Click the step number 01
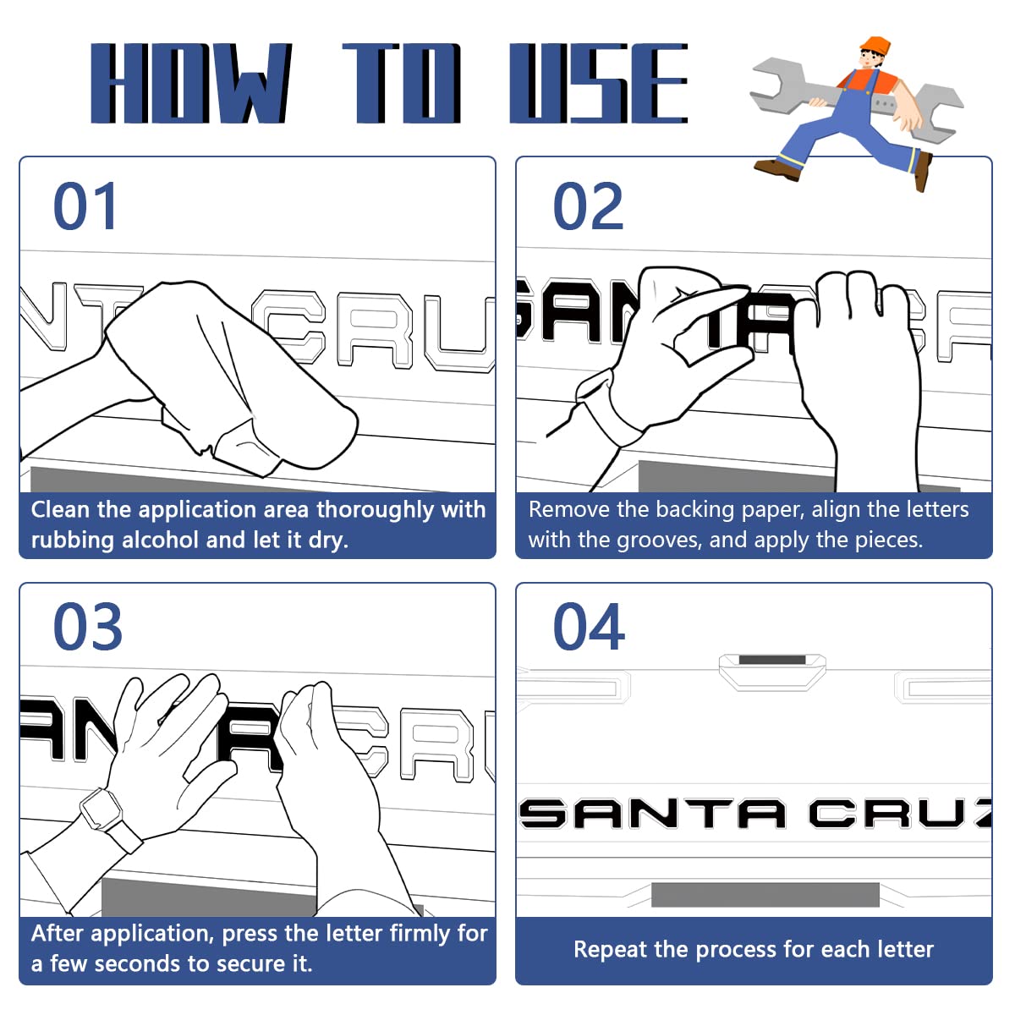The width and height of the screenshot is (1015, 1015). point(85,206)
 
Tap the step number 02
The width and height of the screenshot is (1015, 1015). point(587,206)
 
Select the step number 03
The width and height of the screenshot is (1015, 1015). point(87,626)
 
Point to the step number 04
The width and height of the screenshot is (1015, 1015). point(589,626)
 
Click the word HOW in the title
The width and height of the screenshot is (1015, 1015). point(190,83)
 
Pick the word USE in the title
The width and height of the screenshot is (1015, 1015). point(598,83)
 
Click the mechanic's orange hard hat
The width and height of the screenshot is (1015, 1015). point(875,46)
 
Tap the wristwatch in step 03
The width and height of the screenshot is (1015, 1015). point(101,809)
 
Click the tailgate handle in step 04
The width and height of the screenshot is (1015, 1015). point(772,672)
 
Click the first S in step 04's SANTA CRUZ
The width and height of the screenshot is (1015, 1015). point(543,814)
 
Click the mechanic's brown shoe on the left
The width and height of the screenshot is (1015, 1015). point(776,168)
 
